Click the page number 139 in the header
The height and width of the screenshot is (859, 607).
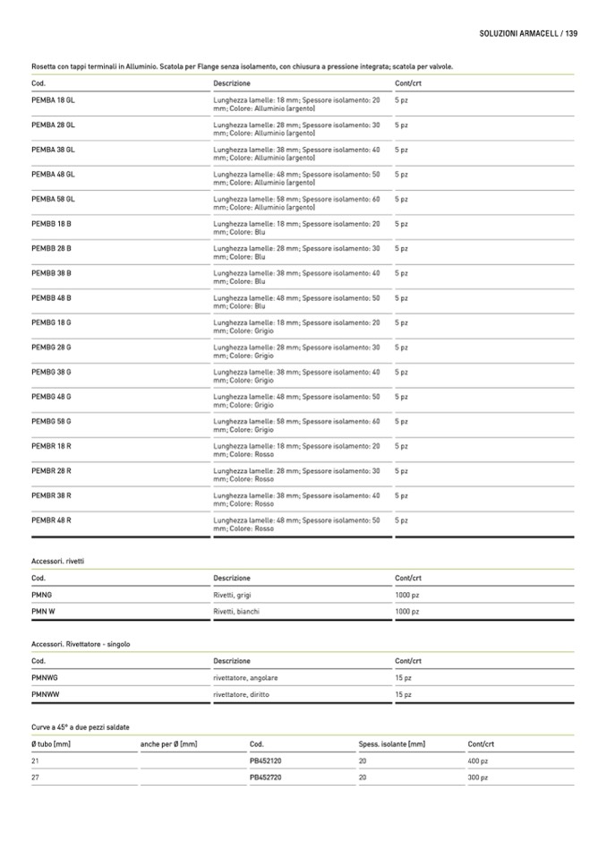[x=571, y=33]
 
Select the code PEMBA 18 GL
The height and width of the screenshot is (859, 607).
[x=53, y=100]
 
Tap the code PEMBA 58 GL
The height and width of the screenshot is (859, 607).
[x=53, y=199]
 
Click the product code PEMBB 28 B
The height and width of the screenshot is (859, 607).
[x=52, y=248]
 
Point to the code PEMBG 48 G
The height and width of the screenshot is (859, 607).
[x=52, y=396]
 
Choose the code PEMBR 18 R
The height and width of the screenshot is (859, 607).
[x=52, y=445]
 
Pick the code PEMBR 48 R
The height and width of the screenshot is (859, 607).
[x=52, y=520]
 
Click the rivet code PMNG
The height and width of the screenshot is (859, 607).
[x=42, y=594]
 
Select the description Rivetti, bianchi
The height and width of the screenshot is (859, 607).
[x=236, y=612]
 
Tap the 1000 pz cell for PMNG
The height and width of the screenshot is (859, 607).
[x=407, y=594]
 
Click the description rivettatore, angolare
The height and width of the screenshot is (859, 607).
[x=239, y=677]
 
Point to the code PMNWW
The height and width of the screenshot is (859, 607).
[x=45, y=694]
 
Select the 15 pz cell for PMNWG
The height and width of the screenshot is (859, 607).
[x=404, y=677]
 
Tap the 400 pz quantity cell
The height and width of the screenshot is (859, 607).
[x=478, y=760]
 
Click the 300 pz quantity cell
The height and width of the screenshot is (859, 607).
[x=478, y=777]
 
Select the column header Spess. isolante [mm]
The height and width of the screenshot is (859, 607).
[x=391, y=744]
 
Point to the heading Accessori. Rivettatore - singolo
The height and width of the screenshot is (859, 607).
[x=81, y=643]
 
